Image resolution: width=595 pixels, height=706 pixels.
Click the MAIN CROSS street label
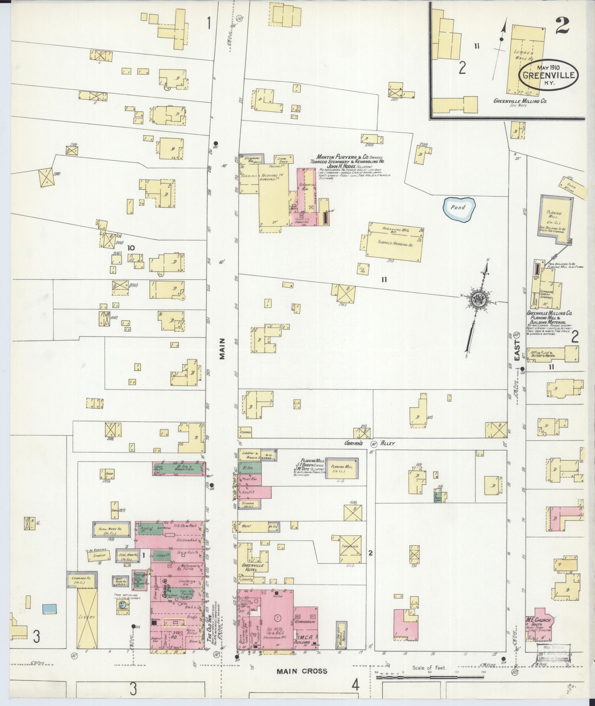click(302, 671)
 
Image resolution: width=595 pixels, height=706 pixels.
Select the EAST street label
click(517, 351)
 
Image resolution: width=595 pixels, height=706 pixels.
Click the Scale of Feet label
click(430, 668)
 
